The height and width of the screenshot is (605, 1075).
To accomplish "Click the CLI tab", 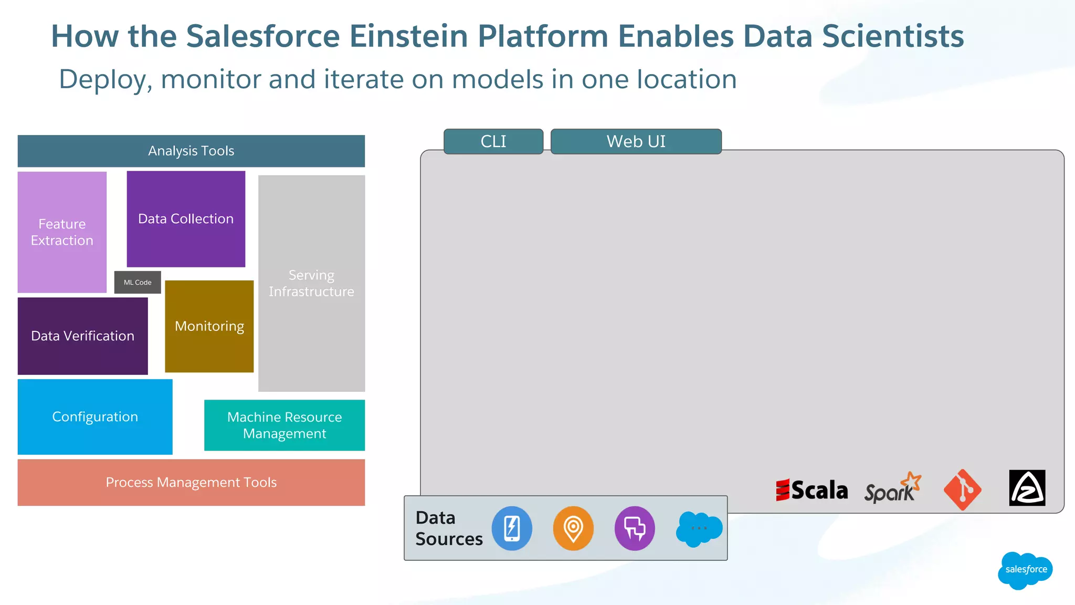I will click(493, 141).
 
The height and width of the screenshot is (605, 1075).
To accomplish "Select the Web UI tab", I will click(636, 141).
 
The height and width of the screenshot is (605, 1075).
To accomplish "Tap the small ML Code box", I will click(138, 283).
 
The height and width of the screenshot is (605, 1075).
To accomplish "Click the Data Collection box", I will click(186, 219).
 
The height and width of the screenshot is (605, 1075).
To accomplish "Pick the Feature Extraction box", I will click(62, 232).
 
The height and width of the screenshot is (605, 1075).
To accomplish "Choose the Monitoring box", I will click(209, 326).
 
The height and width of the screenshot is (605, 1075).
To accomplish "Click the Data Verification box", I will click(83, 336).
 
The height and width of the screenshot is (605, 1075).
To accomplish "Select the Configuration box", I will click(95, 417).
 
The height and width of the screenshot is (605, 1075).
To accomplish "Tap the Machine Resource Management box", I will click(284, 425).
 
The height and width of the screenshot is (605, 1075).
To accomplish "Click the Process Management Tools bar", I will click(191, 483).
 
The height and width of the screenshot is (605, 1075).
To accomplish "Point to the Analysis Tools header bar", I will click(191, 151).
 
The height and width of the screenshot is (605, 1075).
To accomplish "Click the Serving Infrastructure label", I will click(311, 284).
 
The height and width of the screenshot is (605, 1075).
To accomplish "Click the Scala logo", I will click(811, 490).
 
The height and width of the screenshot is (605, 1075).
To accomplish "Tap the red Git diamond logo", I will click(962, 489).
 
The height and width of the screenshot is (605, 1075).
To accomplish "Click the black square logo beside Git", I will click(1027, 488).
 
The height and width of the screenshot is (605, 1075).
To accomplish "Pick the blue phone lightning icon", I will click(512, 528).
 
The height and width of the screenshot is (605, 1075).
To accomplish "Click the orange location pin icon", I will click(573, 528).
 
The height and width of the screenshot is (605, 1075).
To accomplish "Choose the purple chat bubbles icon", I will click(635, 528).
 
